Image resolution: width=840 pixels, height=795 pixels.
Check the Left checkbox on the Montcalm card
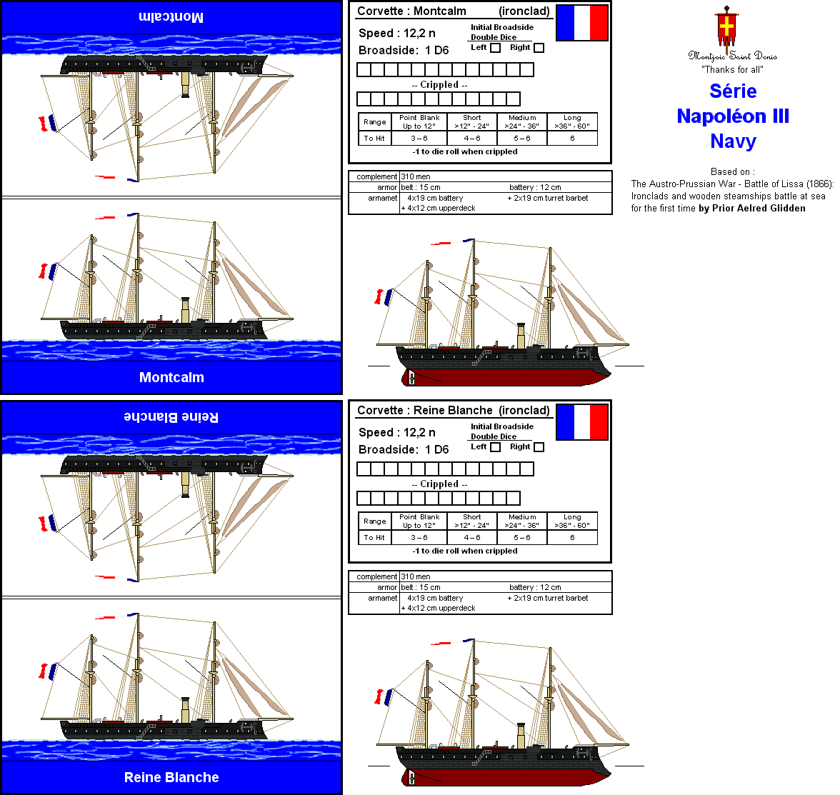pyautogui.click(x=495, y=48)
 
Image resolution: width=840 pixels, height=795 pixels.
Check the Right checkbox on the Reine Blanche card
pyautogui.click(x=539, y=447)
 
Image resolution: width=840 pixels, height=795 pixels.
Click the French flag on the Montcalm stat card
pyautogui.click(x=581, y=23)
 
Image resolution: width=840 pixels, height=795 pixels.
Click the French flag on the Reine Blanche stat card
pyautogui.click(x=581, y=422)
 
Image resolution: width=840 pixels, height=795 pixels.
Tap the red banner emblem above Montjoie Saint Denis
pyautogui.click(x=726, y=28)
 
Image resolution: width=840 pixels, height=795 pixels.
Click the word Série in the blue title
pyautogui.click(x=733, y=91)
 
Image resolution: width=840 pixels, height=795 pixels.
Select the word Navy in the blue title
pyautogui.click(x=733, y=141)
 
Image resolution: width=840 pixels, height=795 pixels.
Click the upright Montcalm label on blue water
pyautogui.click(x=171, y=377)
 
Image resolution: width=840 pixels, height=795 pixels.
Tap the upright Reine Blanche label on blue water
pyautogui.click(x=171, y=777)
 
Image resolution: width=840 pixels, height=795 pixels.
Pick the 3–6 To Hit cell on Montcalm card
pyautogui.click(x=419, y=139)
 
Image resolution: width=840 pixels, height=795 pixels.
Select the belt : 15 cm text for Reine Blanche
pyautogui.click(x=421, y=587)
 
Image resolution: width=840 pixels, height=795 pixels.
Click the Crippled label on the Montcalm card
pyautogui.click(x=439, y=84)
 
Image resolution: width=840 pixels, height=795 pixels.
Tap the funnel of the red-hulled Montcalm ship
pyautogui.click(x=521, y=336)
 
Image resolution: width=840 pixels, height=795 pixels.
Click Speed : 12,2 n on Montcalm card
pyautogui.click(x=396, y=33)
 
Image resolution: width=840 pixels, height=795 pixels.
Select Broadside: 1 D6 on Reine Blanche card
pyautogui.click(x=404, y=449)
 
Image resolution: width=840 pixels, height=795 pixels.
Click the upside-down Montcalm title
pyautogui.click(x=171, y=17)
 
